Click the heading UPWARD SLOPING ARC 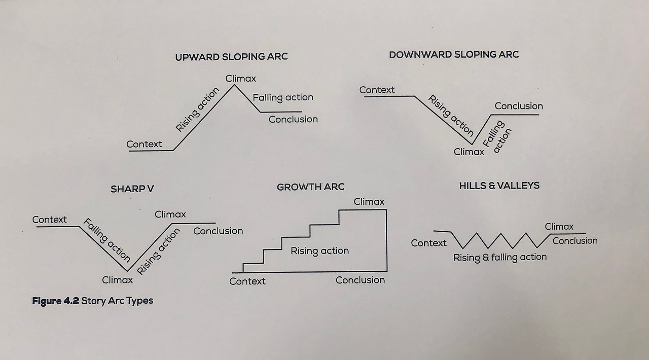(x=231, y=57)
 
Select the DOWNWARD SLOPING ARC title (x=454, y=55)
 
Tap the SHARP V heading (x=132, y=189)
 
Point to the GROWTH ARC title (x=310, y=187)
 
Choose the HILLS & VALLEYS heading (x=499, y=186)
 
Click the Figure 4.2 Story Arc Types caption (x=92, y=301)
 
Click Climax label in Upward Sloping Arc (x=241, y=79)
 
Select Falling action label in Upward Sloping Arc (x=283, y=97)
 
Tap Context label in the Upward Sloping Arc (x=144, y=144)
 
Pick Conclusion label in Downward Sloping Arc (x=519, y=106)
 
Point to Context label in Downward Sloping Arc (x=377, y=90)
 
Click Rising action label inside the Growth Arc (x=319, y=250)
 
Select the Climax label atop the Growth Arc (x=369, y=202)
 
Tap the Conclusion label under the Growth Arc (x=360, y=280)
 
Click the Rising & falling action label (x=500, y=257)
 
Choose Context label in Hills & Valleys (x=428, y=243)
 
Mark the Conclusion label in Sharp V (x=218, y=231)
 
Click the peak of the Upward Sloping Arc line (x=234, y=85)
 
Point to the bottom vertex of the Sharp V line (x=127, y=270)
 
